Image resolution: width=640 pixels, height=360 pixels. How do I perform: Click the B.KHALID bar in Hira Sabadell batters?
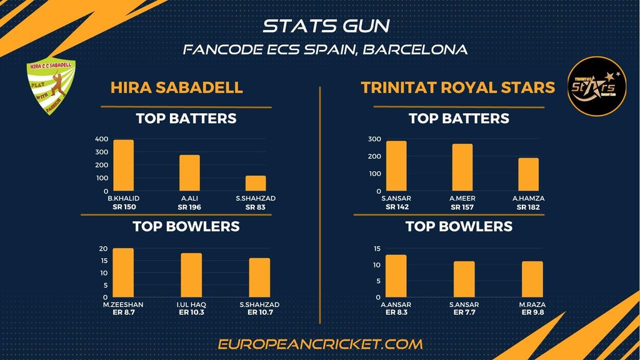[x=123, y=166]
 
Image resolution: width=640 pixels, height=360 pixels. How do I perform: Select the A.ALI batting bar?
[x=189, y=173]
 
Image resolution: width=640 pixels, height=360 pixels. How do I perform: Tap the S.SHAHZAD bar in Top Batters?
[x=256, y=183]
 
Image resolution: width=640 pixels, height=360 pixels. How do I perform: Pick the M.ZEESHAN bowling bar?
[x=123, y=272]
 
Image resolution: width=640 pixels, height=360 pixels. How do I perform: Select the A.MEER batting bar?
[x=462, y=167]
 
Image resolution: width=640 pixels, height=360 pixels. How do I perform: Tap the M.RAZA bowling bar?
[x=532, y=279]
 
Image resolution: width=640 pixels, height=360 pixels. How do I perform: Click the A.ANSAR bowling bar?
[x=396, y=276]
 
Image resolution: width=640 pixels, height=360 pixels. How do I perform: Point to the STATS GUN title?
[x=326, y=26]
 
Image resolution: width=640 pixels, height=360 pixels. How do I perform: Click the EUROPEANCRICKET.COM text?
[x=321, y=344]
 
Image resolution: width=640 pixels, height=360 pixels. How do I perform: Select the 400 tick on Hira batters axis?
[x=101, y=139]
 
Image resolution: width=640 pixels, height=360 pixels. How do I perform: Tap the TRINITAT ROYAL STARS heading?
[x=458, y=87]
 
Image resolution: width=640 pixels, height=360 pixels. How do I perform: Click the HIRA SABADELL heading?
[x=177, y=87]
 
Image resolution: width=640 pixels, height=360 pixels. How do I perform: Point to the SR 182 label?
[x=528, y=207]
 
